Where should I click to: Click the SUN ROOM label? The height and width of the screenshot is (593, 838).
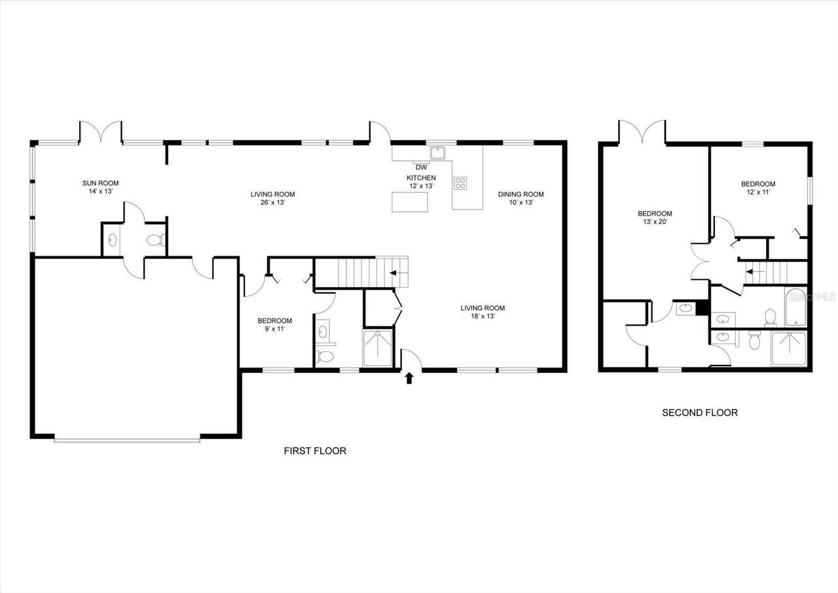click(x=100, y=183)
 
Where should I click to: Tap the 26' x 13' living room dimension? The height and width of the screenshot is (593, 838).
click(x=272, y=202)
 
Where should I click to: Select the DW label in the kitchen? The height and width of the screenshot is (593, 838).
click(x=421, y=167)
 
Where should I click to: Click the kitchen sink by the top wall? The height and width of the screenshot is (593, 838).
click(x=438, y=153)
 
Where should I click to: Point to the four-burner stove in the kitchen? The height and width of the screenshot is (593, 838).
click(x=461, y=183)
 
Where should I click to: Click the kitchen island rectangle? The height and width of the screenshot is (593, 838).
click(x=410, y=202)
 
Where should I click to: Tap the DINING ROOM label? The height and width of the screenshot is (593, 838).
click(x=520, y=194)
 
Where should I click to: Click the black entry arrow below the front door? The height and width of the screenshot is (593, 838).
click(x=410, y=378)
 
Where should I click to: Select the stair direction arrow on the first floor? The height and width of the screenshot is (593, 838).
click(x=395, y=271)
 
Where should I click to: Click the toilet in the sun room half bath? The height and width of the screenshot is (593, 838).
click(x=155, y=240)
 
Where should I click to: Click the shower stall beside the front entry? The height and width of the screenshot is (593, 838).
click(x=378, y=347)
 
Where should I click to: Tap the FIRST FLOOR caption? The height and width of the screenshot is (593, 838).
click(x=314, y=451)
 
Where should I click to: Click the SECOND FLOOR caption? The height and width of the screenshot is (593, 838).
click(x=699, y=413)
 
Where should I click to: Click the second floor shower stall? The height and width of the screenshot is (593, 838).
click(x=789, y=349)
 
